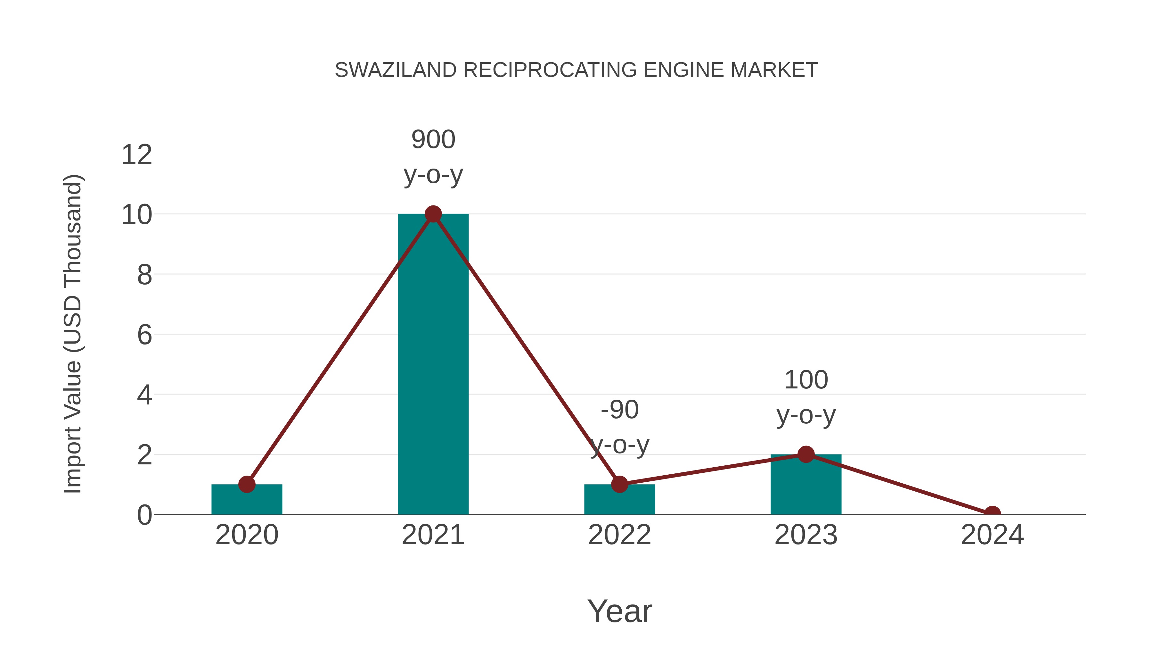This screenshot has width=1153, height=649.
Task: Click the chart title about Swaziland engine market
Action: pyautogui.click(x=576, y=70)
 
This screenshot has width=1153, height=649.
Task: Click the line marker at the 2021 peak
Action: pyautogui.click(x=433, y=214)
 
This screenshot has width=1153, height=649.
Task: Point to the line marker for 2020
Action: pyautogui.click(x=247, y=484)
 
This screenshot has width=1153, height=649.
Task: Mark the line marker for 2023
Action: pyautogui.click(x=806, y=454)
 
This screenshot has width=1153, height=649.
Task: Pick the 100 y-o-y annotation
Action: pyautogui.click(x=806, y=397)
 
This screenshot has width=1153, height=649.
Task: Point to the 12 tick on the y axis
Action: pyautogui.click(x=136, y=155)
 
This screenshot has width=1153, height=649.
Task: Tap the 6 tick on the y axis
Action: pyautogui.click(x=144, y=335)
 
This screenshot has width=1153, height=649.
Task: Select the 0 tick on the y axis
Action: pyautogui.click(x=144, y=515)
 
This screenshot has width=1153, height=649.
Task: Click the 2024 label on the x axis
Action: pyautogui.click(x=992, y=535)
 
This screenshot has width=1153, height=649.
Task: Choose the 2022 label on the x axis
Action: pyautogui.click(x=619, y=535)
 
